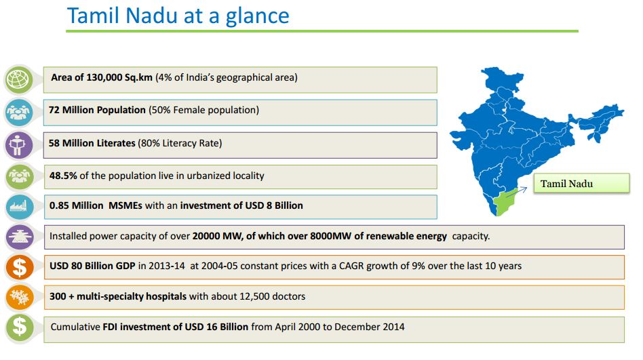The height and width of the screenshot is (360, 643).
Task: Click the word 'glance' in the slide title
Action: coord(258,17)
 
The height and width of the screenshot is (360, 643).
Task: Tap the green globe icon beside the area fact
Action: coord(18,79)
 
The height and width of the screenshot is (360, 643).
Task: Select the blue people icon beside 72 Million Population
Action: coord(18,112)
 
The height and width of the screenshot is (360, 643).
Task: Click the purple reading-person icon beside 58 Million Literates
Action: coord(18,145)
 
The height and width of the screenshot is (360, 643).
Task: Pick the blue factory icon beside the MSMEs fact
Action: coord(19,207)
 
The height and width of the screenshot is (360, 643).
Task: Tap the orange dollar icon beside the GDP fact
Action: coord(19,267)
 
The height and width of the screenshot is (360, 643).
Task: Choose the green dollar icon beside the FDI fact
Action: coord(19,327)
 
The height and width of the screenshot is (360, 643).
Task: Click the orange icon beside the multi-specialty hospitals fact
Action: coord(19,297)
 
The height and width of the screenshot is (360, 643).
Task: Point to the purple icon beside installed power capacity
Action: coord(19,237)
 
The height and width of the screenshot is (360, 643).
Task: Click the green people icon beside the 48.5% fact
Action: coord(19,177)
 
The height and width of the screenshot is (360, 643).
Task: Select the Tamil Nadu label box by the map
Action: coord(581,183)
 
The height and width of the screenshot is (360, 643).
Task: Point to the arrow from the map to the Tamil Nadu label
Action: coord(517,193)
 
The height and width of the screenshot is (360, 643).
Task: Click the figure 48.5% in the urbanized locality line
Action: coord(63,176)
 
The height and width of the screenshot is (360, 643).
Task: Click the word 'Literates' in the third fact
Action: coord(115,143)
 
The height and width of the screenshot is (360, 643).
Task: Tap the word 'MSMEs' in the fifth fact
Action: coord(125,205)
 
